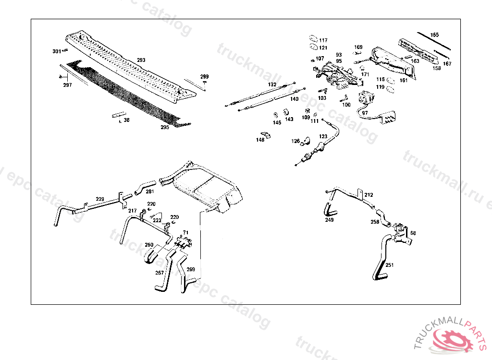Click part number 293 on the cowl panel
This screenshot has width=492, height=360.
point(141,60)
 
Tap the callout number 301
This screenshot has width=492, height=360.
point(57,51)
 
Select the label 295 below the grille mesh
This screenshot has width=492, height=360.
point(165,128)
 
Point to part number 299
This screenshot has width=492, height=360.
point(205,77)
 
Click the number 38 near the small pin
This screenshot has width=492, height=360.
point(126,120)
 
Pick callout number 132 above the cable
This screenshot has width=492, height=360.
point(272,84)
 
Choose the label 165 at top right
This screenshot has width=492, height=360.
point(434,35)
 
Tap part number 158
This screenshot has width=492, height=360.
point(437,69)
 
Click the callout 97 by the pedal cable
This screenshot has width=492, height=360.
point(365,113)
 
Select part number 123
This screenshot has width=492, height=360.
point(323,137)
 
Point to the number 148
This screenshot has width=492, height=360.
point(260,140)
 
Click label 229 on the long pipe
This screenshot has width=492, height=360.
point(100,199)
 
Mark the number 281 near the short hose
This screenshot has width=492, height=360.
point(136,192)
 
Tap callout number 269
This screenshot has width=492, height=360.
point(191,270)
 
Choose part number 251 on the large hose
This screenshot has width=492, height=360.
point(389,265)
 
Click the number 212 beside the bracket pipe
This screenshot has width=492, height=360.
point(369,195)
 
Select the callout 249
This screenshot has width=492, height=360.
point(329,220)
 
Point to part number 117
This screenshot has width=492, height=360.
point(323,40)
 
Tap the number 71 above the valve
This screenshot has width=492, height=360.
point(186,233)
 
